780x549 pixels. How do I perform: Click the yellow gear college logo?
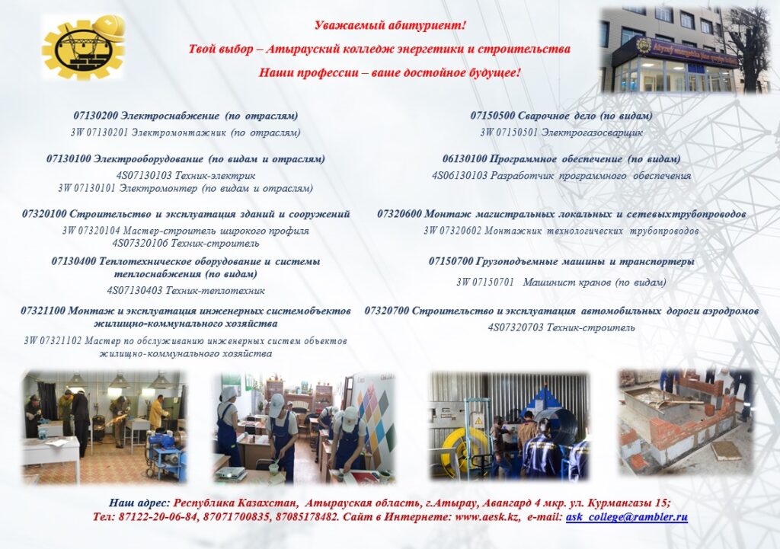click(83, 47)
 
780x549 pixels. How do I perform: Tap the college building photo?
click(686, 49)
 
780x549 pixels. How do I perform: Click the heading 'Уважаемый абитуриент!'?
click(390, 25)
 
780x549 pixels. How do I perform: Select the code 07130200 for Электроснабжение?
click(95, 116)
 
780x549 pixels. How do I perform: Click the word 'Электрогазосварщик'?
click(591, 132)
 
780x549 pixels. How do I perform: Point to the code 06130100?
click(465, 159)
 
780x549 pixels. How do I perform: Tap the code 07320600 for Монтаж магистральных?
click(399, 214)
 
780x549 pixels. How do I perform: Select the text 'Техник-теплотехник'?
click(215, 290)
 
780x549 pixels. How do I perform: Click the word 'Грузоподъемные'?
click(516, 262)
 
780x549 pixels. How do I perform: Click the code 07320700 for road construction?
click(387, 311)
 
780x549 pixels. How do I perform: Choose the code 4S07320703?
click(516, 327)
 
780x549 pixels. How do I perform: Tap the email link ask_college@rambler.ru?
click(627, 517)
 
